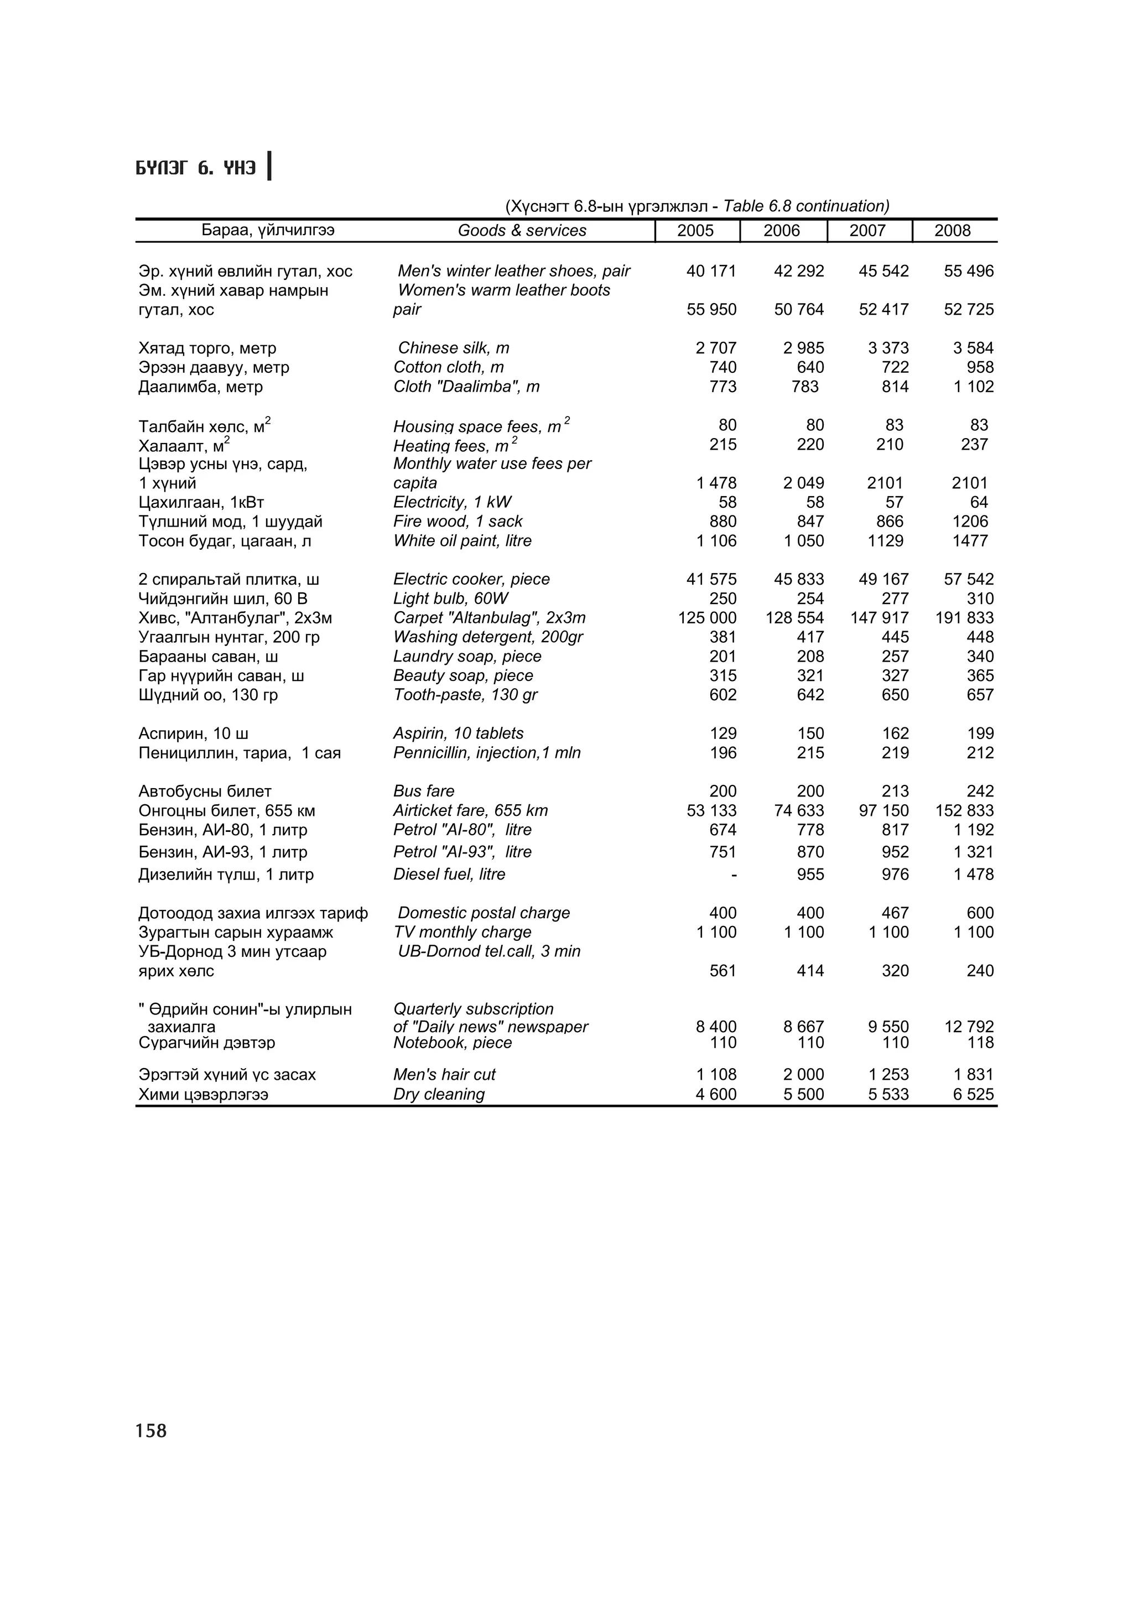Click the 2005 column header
(x=695, y=231)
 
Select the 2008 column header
(x=952, y=231)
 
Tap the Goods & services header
(x=522, y=231)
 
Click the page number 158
(x=151, y=1430)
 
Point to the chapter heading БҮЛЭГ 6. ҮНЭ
(x=196, y=168)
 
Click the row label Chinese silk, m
(x=453, y=348)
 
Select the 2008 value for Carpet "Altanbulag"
(x=964, y=618)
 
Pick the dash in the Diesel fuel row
(x=733, y=874)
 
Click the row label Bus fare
(x=424, y=791)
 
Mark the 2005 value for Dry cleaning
(x=715, y=1094)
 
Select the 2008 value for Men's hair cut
(x=973, y=1075)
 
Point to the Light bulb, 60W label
(x=450, y=598)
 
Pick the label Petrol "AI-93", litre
(x=462, y=852)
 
